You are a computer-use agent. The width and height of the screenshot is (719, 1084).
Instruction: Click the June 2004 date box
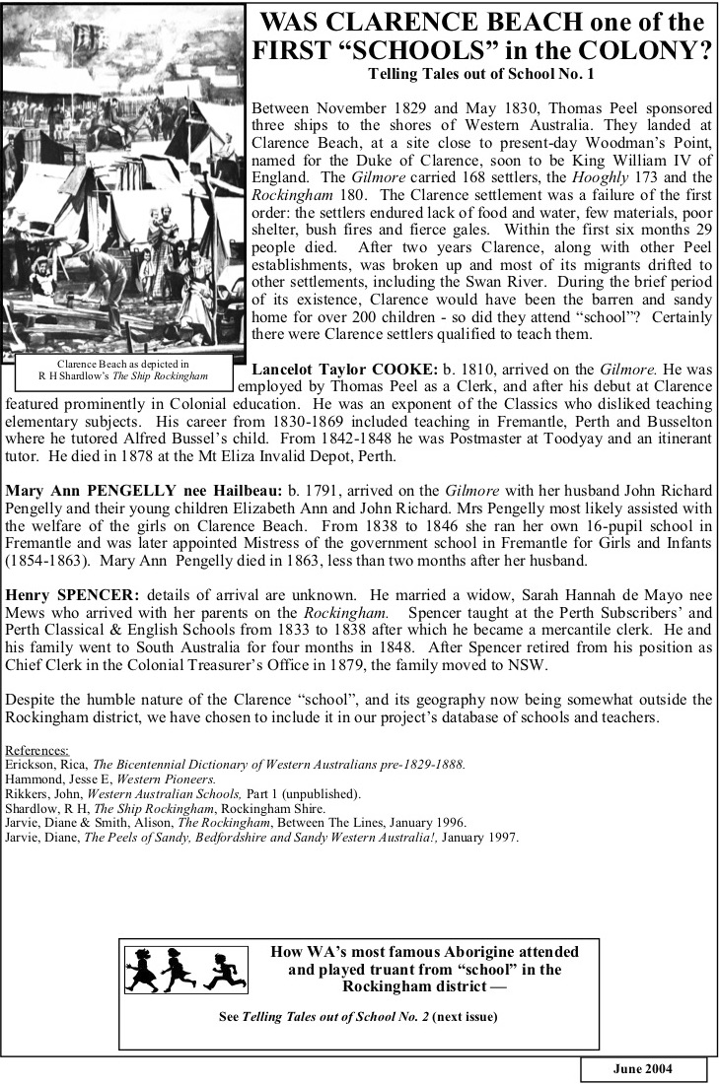pos(643,1069)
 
